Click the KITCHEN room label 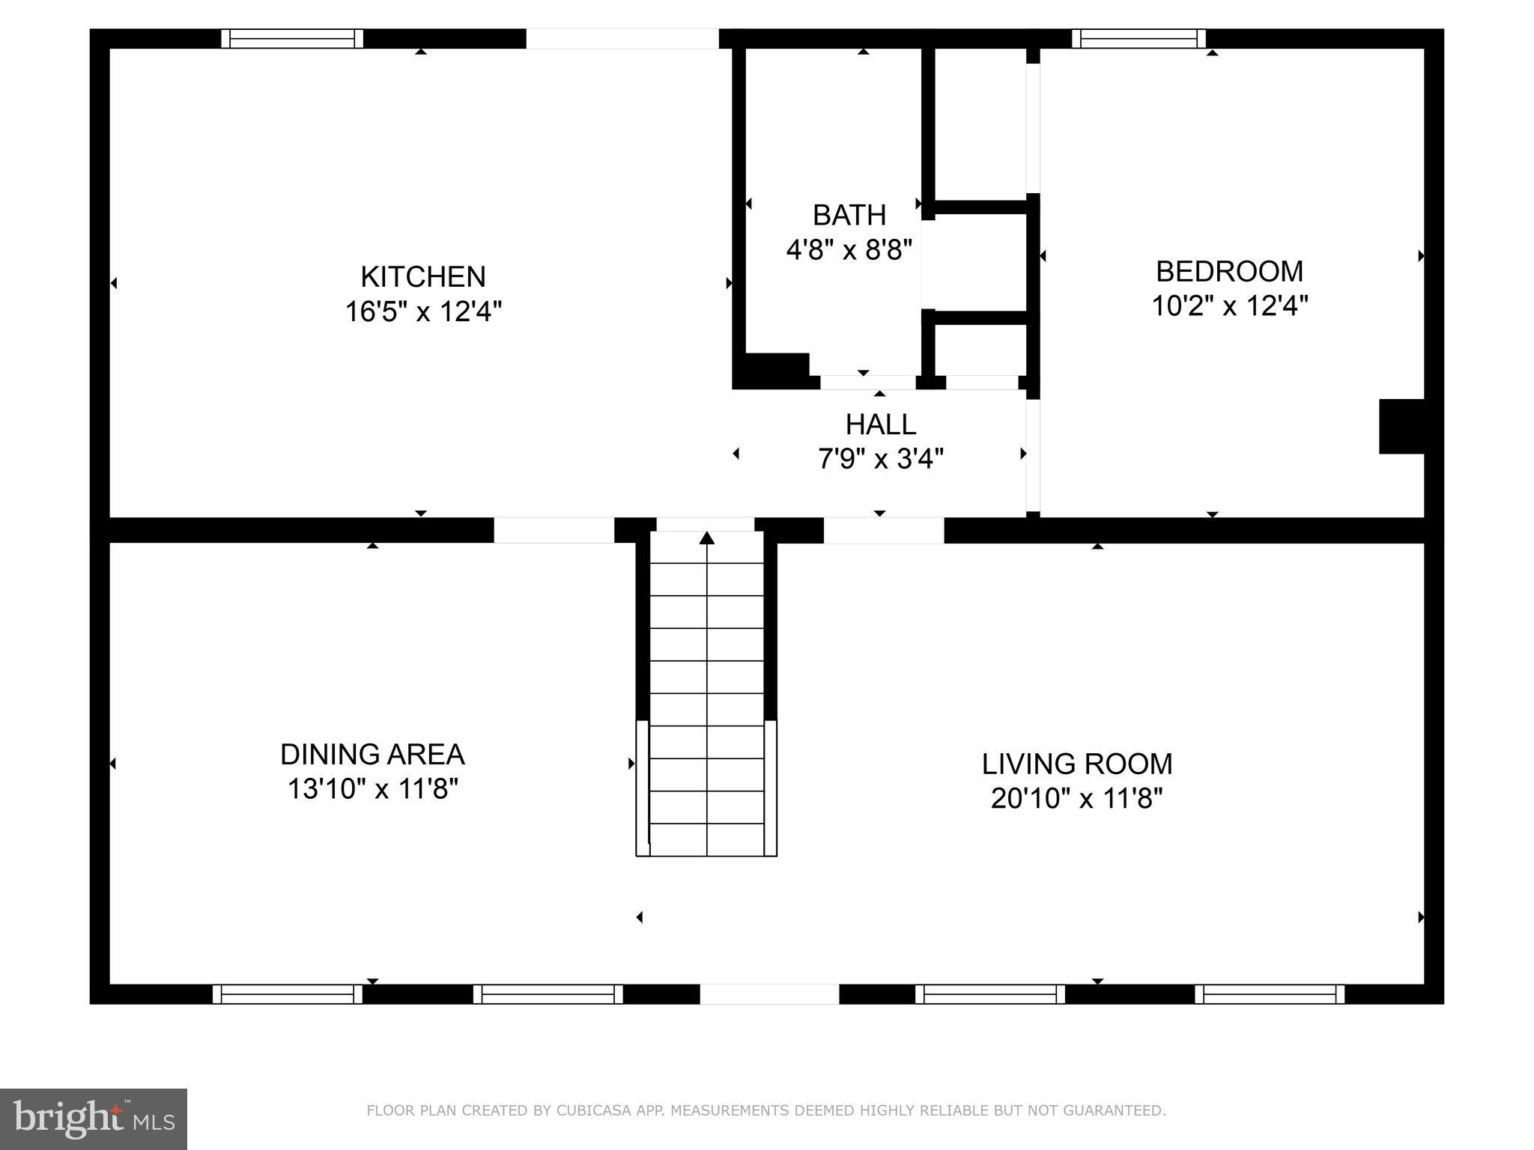click(x=423, y=277)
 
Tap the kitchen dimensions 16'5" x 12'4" click(x=423, y=311)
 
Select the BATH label click(x=849, y=216)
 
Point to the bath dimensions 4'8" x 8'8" click(x=849, y=249)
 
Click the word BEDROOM click(x=1229, y=271)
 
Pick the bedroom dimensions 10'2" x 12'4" click(x=1229, y=305)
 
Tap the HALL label click(x=880, y=425)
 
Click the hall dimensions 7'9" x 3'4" click(x=880, y=458)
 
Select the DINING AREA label click(x=372, y=755)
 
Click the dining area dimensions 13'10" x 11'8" click(x=372, y=788)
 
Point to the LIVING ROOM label click(x=1077, y=764)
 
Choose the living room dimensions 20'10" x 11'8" click(x=1077, y=798)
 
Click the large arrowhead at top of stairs click(x=707, y=538)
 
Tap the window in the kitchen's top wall click(x=292, y=39)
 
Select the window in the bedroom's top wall click(x=1139, y=39)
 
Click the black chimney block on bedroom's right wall click(x=1401, y=426)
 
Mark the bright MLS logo click(x=93, y=1119)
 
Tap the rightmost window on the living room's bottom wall click(x=1270, y=994)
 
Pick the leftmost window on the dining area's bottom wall click(x=288, y=994)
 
